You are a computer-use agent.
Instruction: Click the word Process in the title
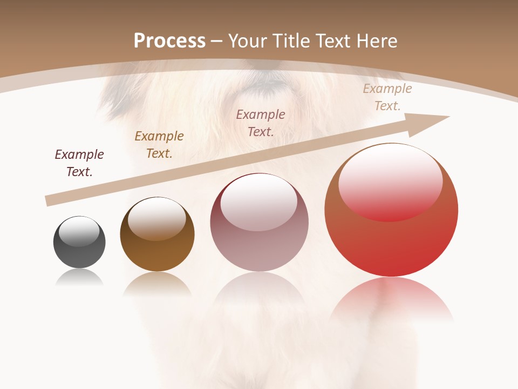click(x=169, y=41)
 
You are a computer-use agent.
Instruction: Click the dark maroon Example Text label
click(x=79, y=163)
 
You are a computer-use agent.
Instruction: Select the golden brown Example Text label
click(x=159, y=145)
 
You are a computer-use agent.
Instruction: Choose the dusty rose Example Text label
click(x=261, y=123)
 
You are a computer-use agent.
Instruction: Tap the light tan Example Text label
click(x=387, y=97)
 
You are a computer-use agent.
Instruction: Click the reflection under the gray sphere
click(x=79, y=278)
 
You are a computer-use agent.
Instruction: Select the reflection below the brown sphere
click(x=157, y=284)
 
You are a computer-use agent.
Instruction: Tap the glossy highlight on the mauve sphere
click(x=259, y=203)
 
